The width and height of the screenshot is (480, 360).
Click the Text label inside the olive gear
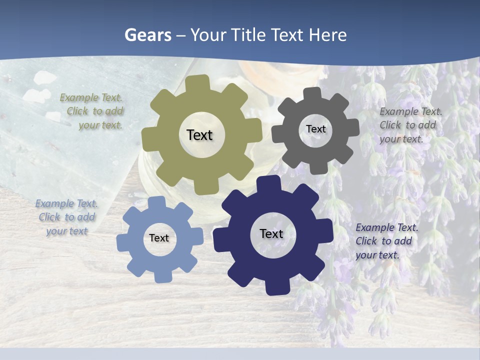(x=199, y=135)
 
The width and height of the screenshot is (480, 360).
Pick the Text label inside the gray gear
(x=315, y=129)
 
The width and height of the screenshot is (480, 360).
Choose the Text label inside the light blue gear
(x=159, y=238)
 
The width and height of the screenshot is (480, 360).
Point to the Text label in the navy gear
(x=271, y=234)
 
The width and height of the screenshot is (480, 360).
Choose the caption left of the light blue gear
(x=66, y=217)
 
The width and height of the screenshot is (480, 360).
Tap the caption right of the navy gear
(x=386, y=241)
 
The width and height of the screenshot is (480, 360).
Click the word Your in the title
(x=209, y=35)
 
